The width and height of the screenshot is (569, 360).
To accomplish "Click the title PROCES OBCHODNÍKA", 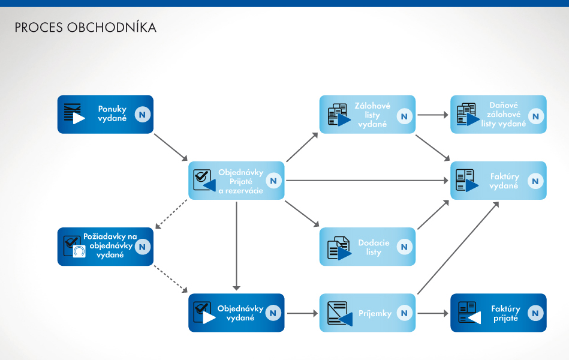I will pyautogui.click(x=85, y=28).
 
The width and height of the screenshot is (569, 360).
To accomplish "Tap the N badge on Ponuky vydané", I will pyautogui.click(x=142, y=114).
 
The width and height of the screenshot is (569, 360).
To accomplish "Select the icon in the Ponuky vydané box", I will pyautogui.click(x=73, y=113).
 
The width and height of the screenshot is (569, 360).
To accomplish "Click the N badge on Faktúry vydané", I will pyautogui.click(x=535, y=181).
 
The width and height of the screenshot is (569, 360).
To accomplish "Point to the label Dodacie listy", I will pyautogui.click(x=374, y=247).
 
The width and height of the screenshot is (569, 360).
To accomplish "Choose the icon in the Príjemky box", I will pyautogui.click(x=338, y=313).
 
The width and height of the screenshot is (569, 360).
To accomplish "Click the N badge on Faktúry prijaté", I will pyautogui.click(x=535, y=313).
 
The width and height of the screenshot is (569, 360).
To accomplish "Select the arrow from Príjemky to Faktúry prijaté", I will pyautogui.click(x=432, y=313).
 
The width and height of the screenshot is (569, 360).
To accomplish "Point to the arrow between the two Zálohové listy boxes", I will pyautogui.click(x=432, y=114).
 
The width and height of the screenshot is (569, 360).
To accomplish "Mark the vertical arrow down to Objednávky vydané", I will pyautogui.click(x=237, y=246).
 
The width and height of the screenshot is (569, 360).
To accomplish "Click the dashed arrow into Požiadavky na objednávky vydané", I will pyautogui.click(x=171, y=214).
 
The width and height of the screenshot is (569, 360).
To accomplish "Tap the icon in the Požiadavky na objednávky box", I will pyautogui.click(x=74, y=246).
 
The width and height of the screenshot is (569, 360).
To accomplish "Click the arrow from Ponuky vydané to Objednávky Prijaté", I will pyautogui.click(x=171, y=148).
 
